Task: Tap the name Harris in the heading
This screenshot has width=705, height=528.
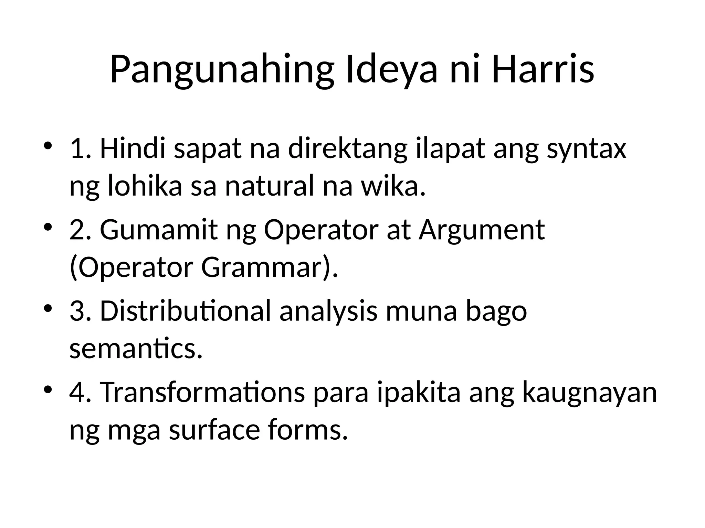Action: [x=543, y=69]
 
